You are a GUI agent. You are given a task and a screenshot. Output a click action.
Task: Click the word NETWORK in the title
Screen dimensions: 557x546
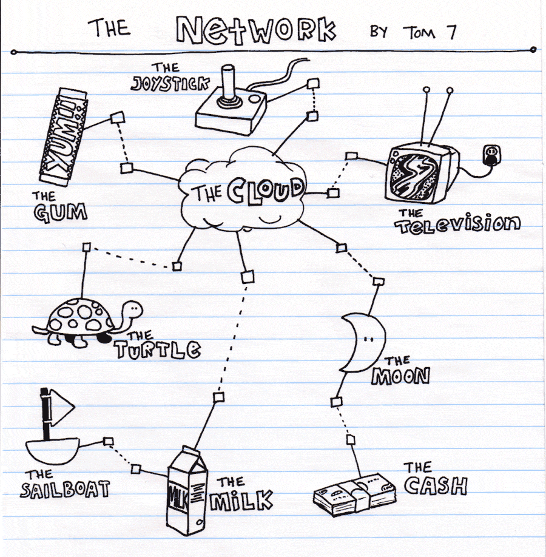click(256, 29)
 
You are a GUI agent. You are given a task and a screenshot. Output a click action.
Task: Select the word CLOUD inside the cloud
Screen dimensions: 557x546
click(265, 191)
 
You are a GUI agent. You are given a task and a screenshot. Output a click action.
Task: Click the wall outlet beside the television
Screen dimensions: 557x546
click(491, 155)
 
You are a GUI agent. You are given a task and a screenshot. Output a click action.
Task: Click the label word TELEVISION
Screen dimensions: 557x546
click(458, 225)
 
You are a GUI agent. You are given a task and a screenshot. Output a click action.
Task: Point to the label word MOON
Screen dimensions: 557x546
click(400, 377)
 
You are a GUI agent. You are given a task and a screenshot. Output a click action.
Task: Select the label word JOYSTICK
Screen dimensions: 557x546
click(163, 84)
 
